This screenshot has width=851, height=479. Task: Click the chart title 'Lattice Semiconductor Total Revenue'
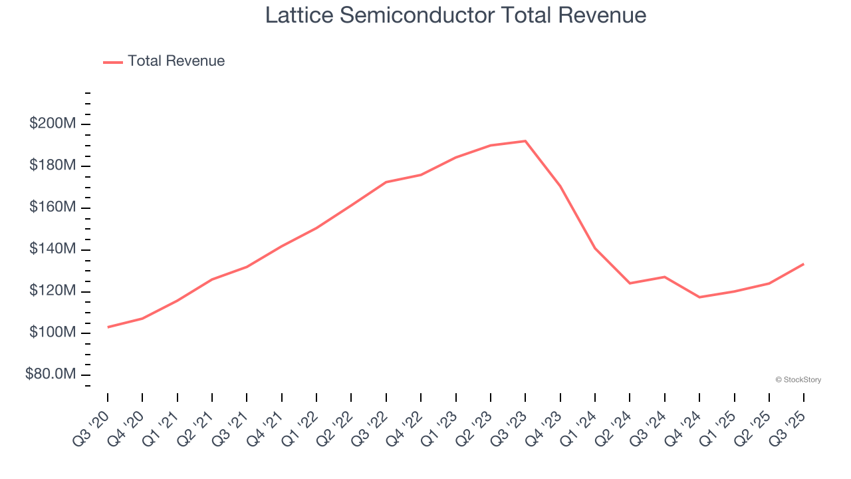point(455,15)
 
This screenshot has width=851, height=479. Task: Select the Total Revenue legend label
point(176,61)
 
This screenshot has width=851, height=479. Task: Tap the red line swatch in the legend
point(113,62)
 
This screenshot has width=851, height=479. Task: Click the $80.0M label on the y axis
point(51,375)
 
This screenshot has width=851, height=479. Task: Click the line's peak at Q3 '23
point(525,141)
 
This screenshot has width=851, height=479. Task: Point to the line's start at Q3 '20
point(108,327)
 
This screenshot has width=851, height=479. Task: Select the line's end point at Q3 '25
point(803,264)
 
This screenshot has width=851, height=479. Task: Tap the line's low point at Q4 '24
point(699,297)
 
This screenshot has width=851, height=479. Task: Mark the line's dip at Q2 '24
point(630,283)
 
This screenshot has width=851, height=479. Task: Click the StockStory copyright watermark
point(798,380)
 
